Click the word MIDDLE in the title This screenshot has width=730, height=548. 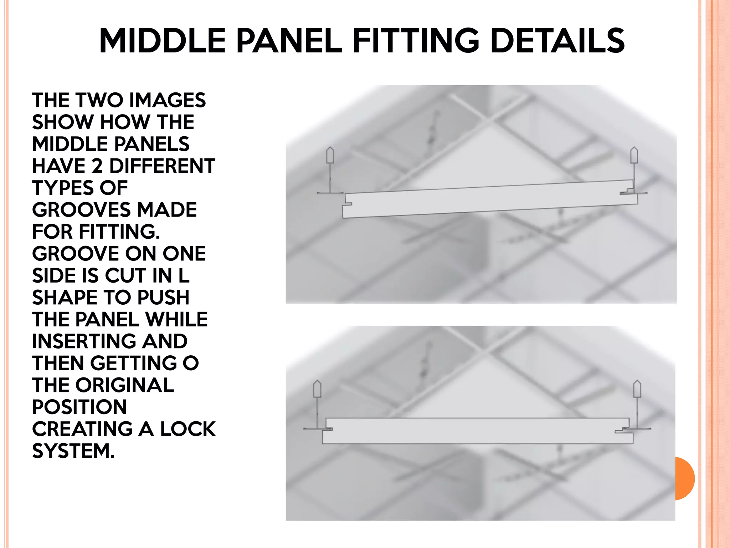[x=162, y=41]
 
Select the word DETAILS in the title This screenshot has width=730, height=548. [x=557, y=41]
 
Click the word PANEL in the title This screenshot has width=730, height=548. [x=289, y=41]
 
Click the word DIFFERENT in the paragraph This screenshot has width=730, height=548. [x=162, y=166]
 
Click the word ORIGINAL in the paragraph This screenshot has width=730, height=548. [x=124, y=385]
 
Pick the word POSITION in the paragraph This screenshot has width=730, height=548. [x=79, y=407]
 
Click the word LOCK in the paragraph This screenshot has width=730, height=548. [x=188, y=429]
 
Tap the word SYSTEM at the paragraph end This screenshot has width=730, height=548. [x=73, y=451]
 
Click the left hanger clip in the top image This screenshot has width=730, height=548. [x=330, y=156]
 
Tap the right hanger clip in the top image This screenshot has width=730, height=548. [x=634, y=156]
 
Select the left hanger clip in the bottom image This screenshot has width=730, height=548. [x=317, y=389]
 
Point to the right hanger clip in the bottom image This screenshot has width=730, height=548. [x=637, y=389]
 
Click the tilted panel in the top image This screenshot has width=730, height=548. [x=488, y=200]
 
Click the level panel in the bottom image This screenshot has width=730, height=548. [x=478, y=431]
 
